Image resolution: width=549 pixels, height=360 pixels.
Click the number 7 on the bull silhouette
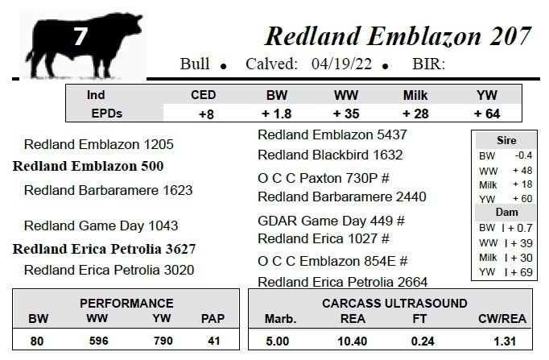pyautogui.click(x=80, y=36)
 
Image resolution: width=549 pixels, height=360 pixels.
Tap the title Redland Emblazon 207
pyautogui.click(x=398, y=36)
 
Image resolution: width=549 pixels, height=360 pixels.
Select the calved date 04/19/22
pyautogui.click(x=341, y=64)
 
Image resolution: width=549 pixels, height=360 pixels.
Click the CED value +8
pyautogui.click(x=206, y=114)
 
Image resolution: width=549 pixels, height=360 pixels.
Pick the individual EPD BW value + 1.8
pyautogui.click(x=277, y=114)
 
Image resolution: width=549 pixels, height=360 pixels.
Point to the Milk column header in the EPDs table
pyautogui.click(x=415, y=95)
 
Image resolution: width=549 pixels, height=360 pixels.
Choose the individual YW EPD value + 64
pyautogui.click(x=487, y=114)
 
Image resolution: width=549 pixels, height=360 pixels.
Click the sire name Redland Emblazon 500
pyautogui.click(x=89, y=166)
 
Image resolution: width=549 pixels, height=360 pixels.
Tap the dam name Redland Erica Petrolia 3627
pyautogui.click(x=105, y=249)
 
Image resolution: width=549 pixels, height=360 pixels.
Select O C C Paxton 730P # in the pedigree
pyautogui.click(x=324, y=178)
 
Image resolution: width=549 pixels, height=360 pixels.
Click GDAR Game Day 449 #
pyautogui.click(x=331, y=221)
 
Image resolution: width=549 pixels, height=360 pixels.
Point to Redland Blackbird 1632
pyautogui.click(x=330, y=155)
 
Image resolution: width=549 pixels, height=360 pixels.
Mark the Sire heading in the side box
pyautogui.click(x=506, y=140)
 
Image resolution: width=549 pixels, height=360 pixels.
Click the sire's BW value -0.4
pyautogui.click(x=523, y=155)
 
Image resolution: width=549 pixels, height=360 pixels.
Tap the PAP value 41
pyautogui.click(x=213, y=341)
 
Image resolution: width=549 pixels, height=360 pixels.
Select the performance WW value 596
pyautogui.click(x=98, y=341)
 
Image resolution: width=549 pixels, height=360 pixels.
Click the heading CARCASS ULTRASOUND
pyautogui.click(x=394, y=304)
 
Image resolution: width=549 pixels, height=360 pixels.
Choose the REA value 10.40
pyautogui.click(x=353, y=341)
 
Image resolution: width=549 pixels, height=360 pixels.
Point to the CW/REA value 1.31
pyautogui.click(x=505, y=341)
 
